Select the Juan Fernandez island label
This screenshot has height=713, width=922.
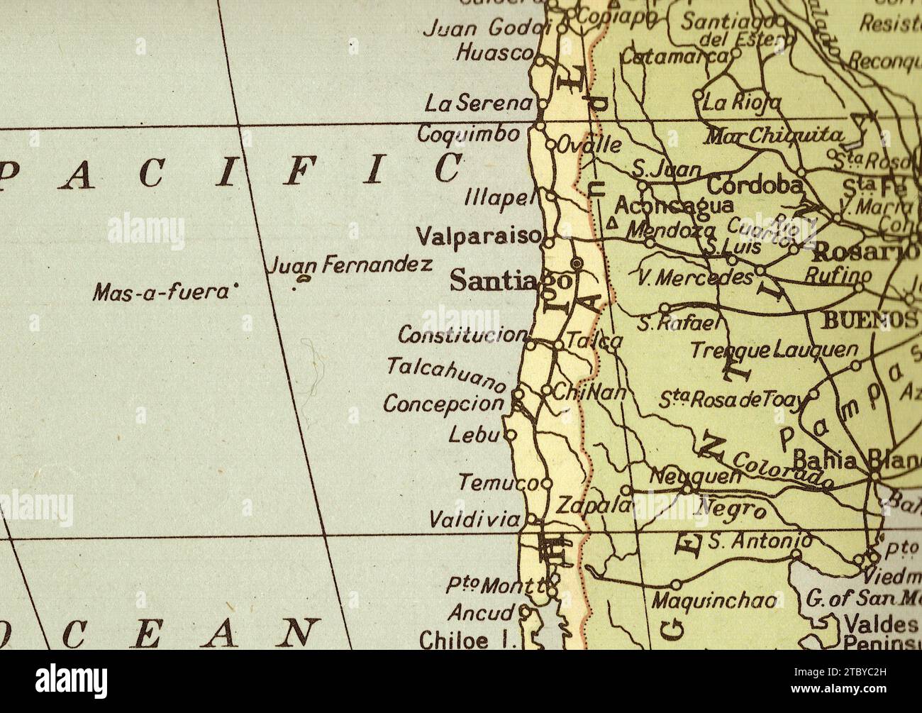point(350,266)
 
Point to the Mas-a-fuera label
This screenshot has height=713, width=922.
point(162,291)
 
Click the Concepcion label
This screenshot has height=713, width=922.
point(443,403)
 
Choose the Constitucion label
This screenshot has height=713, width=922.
point(462,333)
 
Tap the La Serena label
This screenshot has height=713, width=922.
point(478,104)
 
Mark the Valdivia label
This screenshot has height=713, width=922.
point(475,520)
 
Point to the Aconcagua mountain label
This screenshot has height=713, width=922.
point(673,206)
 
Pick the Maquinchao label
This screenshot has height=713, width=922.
point(715,601)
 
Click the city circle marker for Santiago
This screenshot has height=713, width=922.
point(577,264)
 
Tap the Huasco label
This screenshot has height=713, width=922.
point(494,53)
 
